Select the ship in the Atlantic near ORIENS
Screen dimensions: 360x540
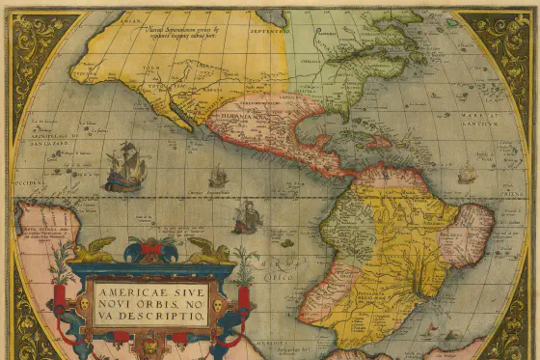pyautogui.click(x=467, y=175)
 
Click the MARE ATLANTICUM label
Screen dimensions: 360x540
pyautogui.click(x=491, y=121)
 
